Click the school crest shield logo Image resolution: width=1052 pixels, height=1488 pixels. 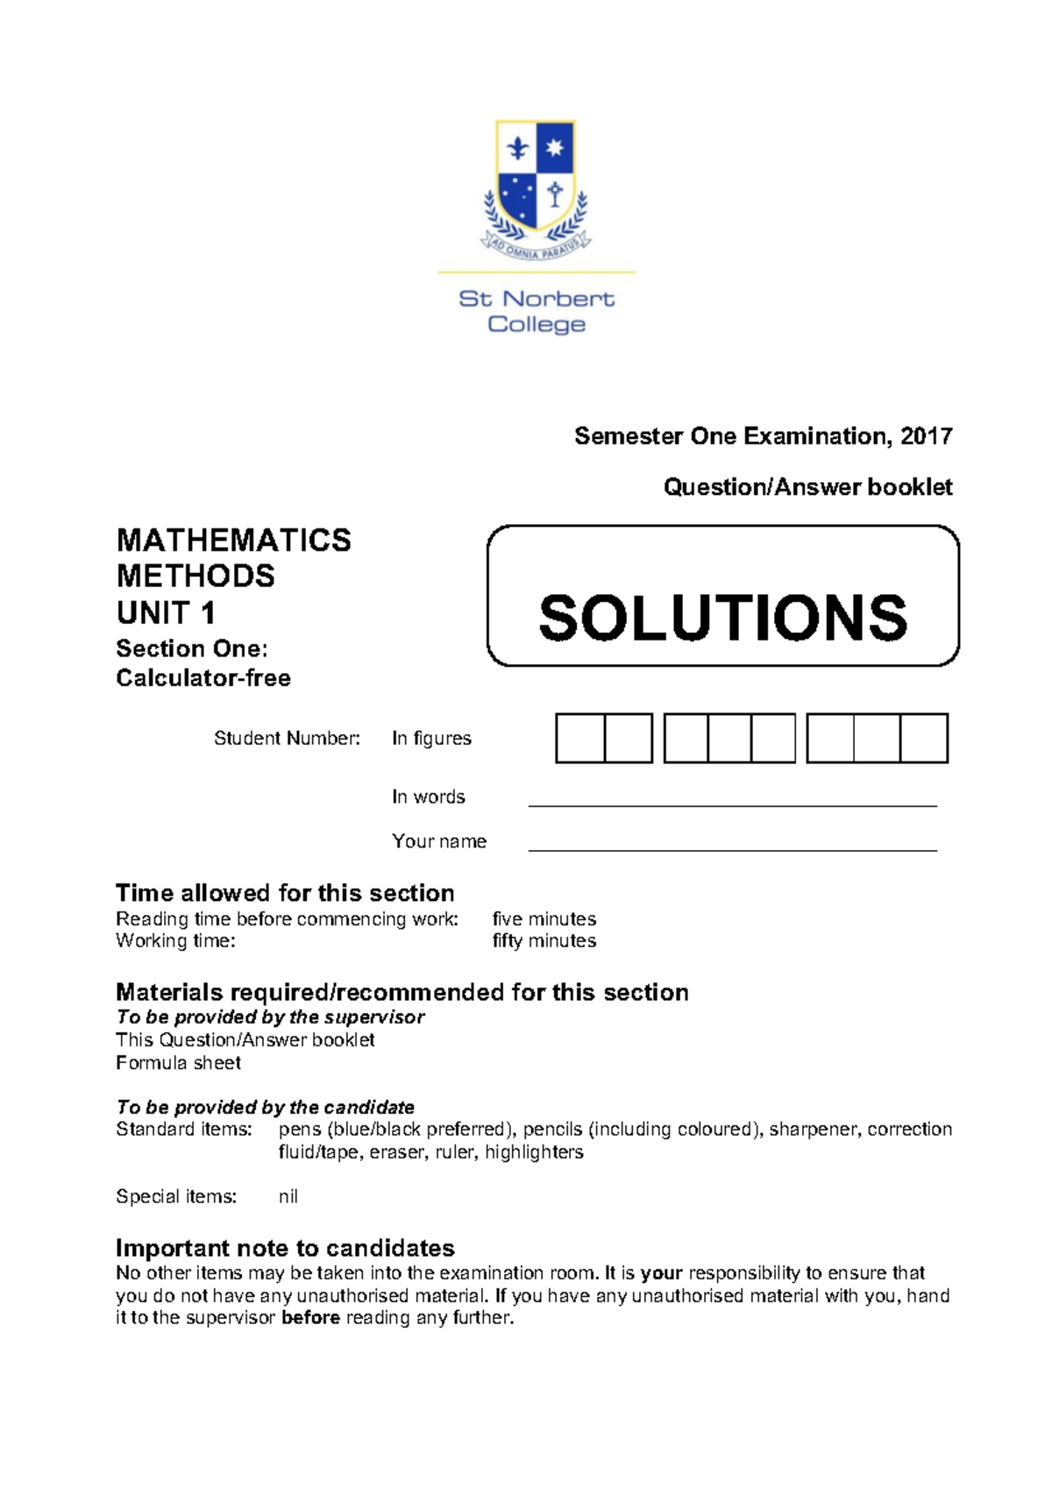coord(536,179)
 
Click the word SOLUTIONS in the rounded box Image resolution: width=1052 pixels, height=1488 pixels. coord(723,618)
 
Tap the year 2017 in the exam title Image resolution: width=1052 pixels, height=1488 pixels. coord(926,436)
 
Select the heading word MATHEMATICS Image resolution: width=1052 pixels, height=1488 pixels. coord(233,541)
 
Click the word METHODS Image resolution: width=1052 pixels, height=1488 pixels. coord(195,577)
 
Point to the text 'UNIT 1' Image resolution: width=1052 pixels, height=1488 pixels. coord(166,613)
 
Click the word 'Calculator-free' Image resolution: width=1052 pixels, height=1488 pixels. coord(203,678)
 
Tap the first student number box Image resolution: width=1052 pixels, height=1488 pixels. coord(580,738)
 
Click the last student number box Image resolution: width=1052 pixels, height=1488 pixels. coord(924,738)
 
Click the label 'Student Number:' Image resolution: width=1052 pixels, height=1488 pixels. coord(287,739)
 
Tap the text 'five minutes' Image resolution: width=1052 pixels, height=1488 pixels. coord(544,919)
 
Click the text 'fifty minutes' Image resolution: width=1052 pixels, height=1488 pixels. coord(544,941)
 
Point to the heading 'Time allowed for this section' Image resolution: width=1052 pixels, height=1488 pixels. coord(285,893)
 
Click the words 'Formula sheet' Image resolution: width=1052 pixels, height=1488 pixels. coord(178,1063)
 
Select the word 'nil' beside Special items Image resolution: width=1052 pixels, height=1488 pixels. coord(288,1197)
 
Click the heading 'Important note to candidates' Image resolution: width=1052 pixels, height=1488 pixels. coord(285,1249)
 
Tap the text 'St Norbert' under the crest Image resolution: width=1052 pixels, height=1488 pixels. coord(537,299)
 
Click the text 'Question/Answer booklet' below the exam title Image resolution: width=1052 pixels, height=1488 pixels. coord(807,487)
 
